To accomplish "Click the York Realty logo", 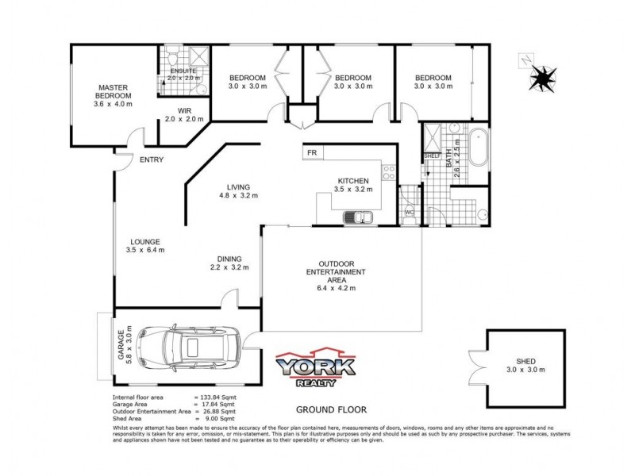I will [x=315, y=370].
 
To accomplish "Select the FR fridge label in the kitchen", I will [x=312, y=152].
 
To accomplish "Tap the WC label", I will [x=410, y=213].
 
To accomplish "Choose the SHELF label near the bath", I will [x=433, y=156].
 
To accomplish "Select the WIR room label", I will [x=184, y=110].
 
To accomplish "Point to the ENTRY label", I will [x=151, y=160].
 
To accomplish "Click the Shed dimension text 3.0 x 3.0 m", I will [x=526, y=370].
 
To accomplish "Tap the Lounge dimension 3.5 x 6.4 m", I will [x=145, y=251].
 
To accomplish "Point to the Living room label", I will [x=238, y=186].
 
